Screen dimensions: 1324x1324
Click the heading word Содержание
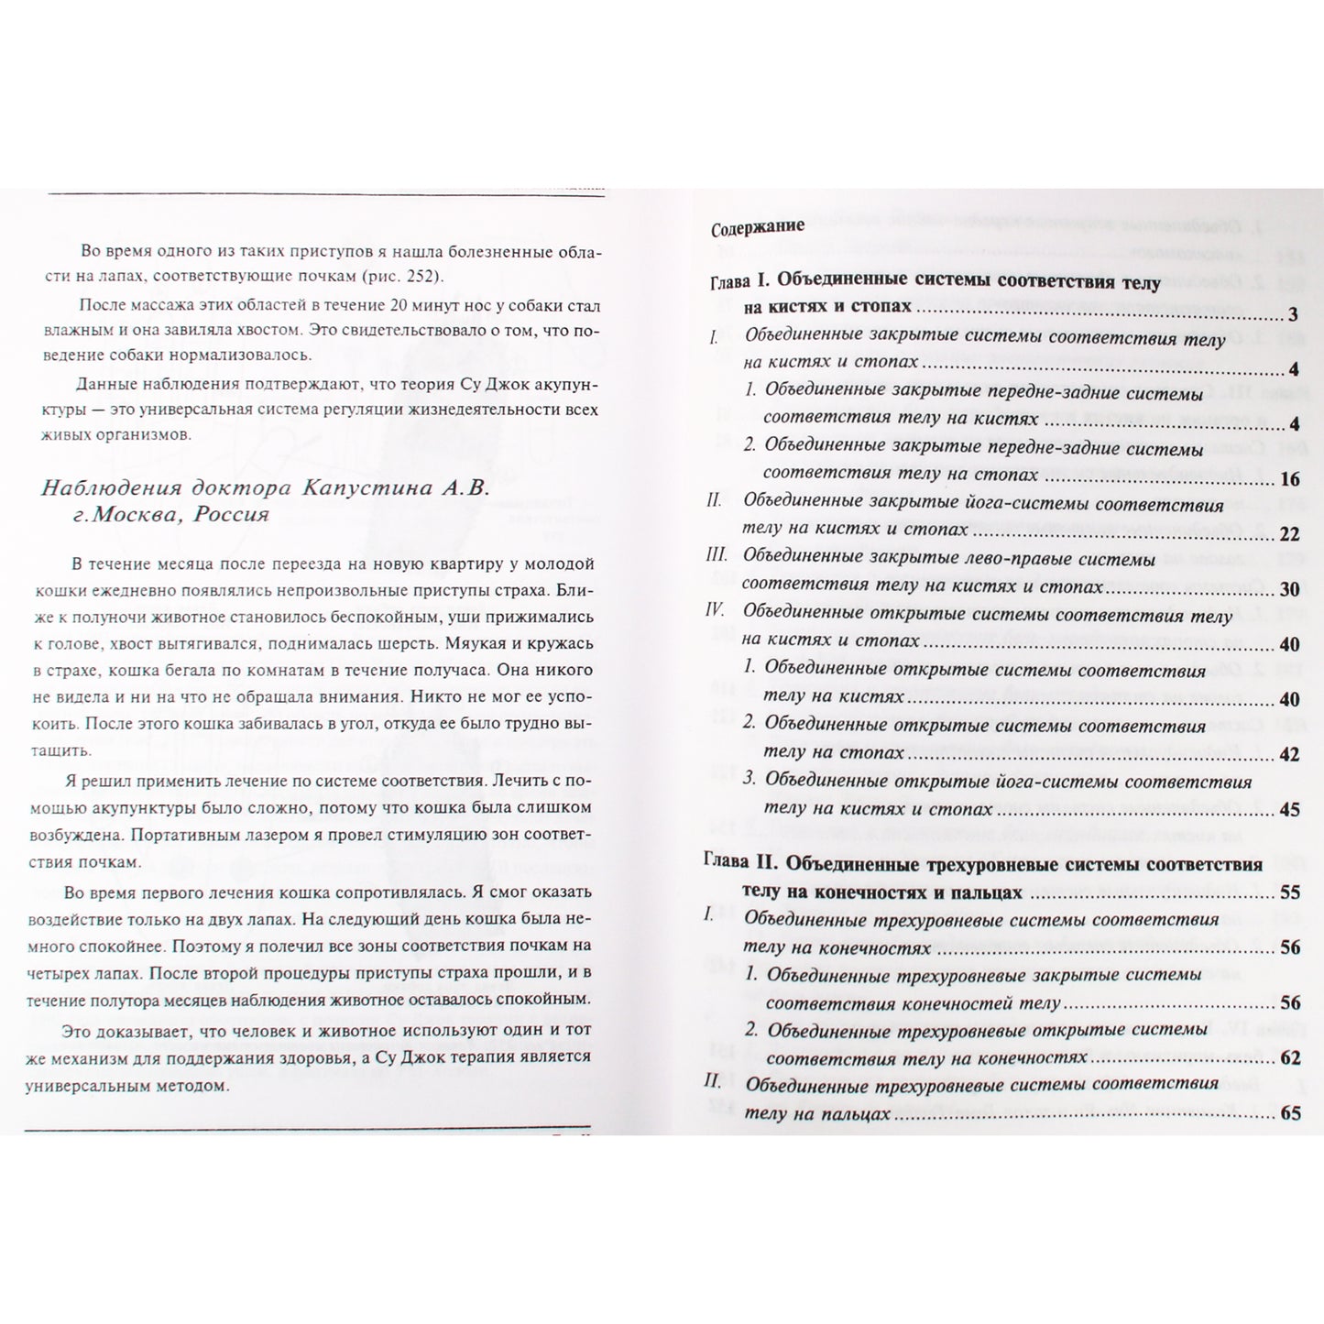[x=758, y=227]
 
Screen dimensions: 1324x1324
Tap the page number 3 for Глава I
[x=1292, y=314]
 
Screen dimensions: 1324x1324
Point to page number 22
[x=1288, y=534]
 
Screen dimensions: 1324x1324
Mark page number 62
[x=1289, y=1058]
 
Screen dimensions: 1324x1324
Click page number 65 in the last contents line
[x=1289, y=1114]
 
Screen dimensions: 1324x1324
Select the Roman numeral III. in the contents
[x=717, y=555]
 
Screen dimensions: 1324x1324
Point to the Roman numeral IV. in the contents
[x=717, y=610]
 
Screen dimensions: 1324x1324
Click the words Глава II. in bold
[x=740, y=863]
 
